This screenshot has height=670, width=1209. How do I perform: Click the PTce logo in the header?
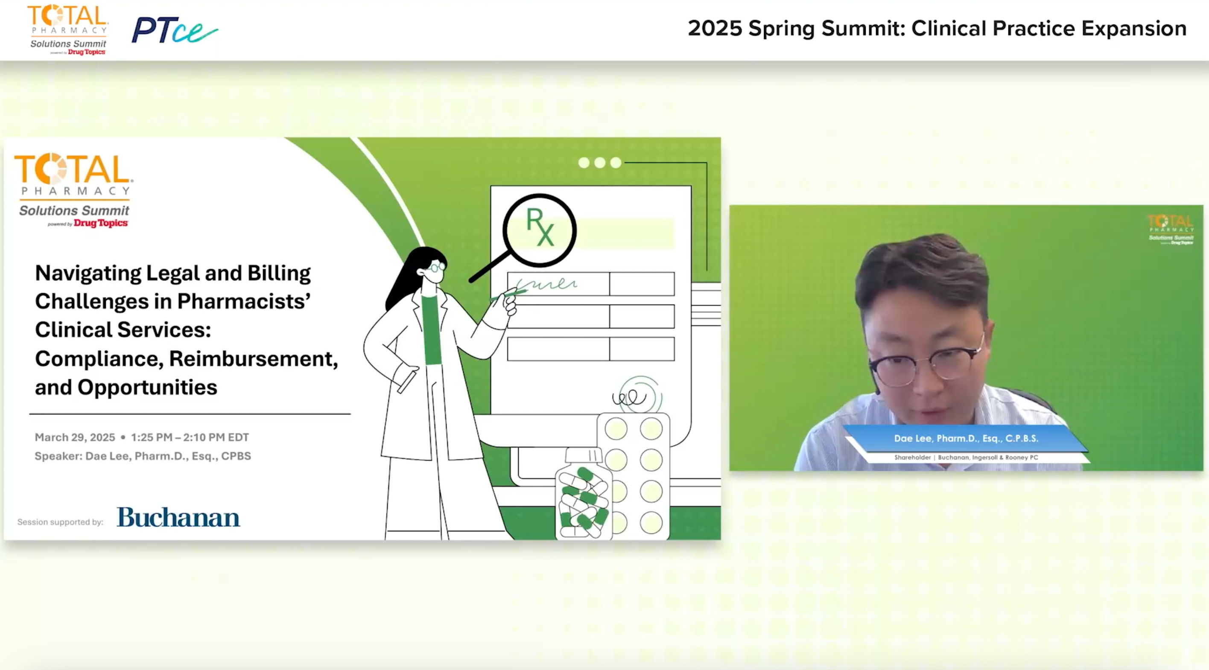tap(174, 30)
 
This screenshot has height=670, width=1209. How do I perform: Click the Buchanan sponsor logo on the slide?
tap(178, 517)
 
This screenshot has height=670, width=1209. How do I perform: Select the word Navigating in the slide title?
tap(88, 273)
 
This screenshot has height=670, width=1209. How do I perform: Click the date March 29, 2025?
tap(75, 437)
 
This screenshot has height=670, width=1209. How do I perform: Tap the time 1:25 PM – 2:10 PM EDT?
tap(190, 437)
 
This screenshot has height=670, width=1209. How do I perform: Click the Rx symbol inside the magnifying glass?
tap(540, 227)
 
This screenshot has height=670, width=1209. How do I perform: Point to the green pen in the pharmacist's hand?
tap(508, 294)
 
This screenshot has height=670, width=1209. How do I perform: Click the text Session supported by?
tap(60, 522)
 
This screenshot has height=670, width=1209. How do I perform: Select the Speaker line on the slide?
tap(143, 456)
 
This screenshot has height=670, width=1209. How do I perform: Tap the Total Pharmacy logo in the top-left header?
tap(68, 29)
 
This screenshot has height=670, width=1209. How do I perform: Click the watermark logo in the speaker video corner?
tap(1171, 230)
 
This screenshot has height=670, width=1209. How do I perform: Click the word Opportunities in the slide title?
tap(147, 387)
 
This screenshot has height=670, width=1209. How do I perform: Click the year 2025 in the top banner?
tap(715, 29)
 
